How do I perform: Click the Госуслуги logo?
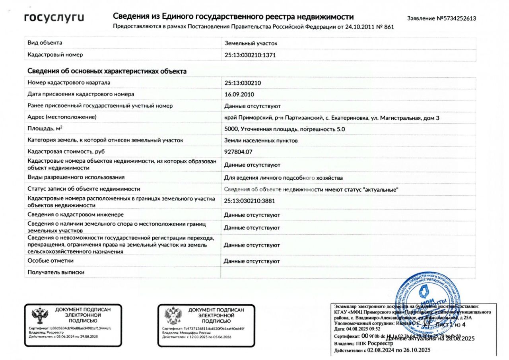[x=54, y=18]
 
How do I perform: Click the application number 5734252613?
[x=456, y=18]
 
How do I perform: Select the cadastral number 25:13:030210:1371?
[x=250, y=55]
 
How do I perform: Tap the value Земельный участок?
[x=251, y=43]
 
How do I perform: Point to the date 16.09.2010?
[x=239, y=94]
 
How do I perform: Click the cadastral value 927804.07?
[x=239, y=152]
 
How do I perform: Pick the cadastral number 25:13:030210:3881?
[x=250, y=201]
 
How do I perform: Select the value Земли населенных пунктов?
[x=261, y=140]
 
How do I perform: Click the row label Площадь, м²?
[x=45, y=129]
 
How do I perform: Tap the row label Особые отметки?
[x=51, y=261]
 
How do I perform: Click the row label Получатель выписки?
[x=56, y=272]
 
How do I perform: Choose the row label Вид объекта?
[x=45, y=43]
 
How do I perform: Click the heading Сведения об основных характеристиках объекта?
[x=107, y=71]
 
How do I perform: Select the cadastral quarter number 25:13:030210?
[x=243, y=83]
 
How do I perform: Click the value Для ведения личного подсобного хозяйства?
[x=284, y=178]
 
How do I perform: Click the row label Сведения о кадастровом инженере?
[x=76, y=215]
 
